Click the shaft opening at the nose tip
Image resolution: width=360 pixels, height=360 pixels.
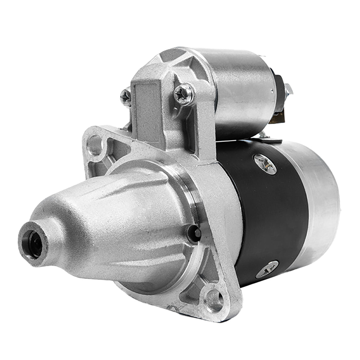(x=34, y=244)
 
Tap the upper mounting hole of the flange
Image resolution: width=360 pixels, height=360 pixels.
(x=95, y=145)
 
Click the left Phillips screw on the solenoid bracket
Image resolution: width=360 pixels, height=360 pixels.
(x=126, y=97)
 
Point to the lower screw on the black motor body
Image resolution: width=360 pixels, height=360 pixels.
(x=267, y=268)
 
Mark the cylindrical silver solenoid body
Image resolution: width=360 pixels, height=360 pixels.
(x=240, y=90)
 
